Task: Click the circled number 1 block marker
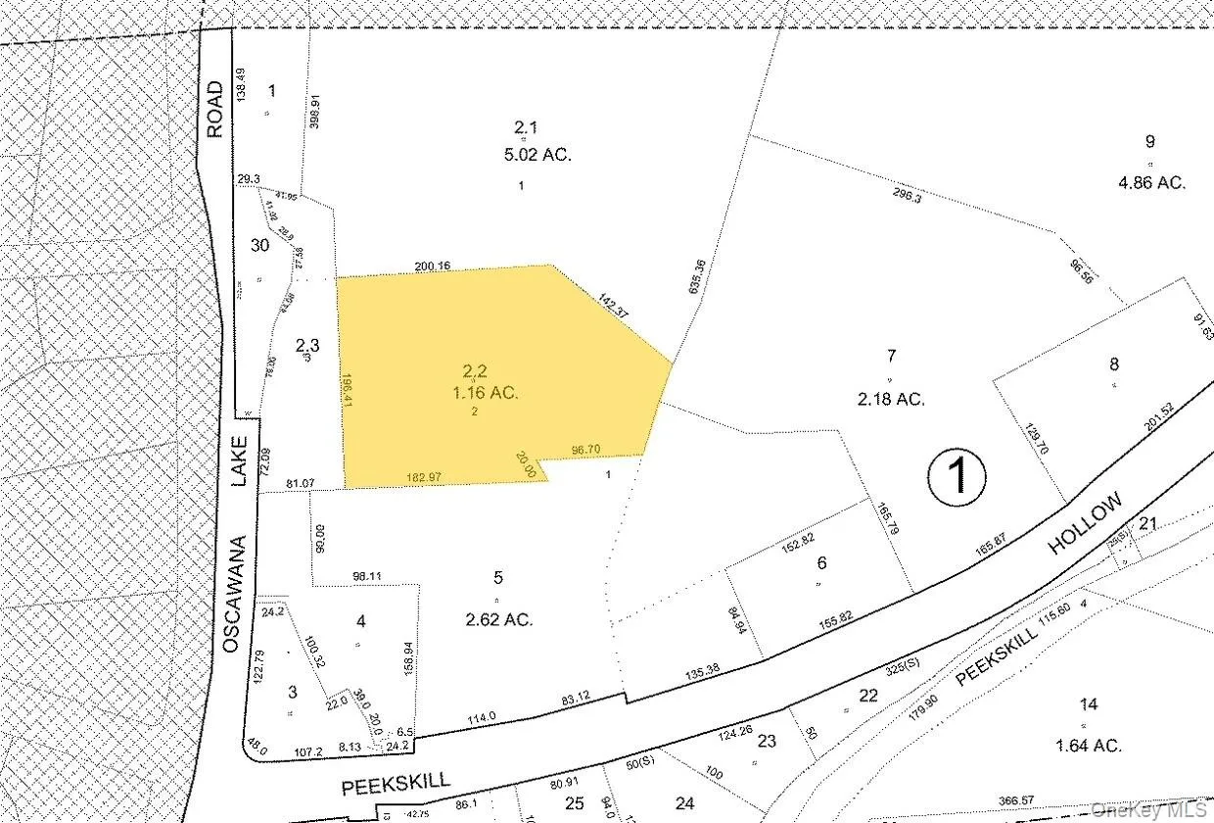click(957, 476)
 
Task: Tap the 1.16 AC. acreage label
click(476, 393)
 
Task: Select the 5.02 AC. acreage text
click(542, 154)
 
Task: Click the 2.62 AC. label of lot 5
click(498, 619)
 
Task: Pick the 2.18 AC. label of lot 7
click(890, 399)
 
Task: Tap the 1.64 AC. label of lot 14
click(1088, 745)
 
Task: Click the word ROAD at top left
click(214, 110)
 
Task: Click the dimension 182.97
click(425, 476)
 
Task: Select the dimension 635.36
click(698, 277)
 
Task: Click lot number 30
click(259, 245)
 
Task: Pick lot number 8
click(1113, 364)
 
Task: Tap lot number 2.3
click(307, 345)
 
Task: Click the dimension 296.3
click(908, 196)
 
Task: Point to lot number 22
click(867, 696)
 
